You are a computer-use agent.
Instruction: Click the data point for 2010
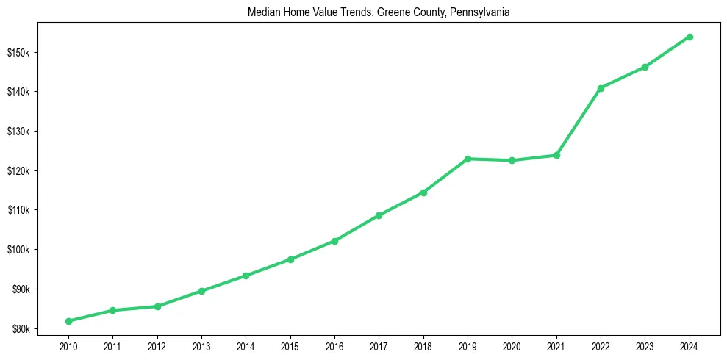(x=68, y=321)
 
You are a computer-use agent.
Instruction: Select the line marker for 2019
(x=468, y=159)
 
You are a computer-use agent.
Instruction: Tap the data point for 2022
(x=601, y=88)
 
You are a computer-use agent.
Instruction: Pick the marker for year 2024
(x=690, y=37)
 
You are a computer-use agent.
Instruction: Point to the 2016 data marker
(x=334, y=241)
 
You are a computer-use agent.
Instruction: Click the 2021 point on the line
(x=556, y=155)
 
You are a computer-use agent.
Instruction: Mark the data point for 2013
(x=201, y=291)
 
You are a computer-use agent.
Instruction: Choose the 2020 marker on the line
(x=512, y=160)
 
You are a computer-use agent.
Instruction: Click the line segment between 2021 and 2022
(x=579, y=122)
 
